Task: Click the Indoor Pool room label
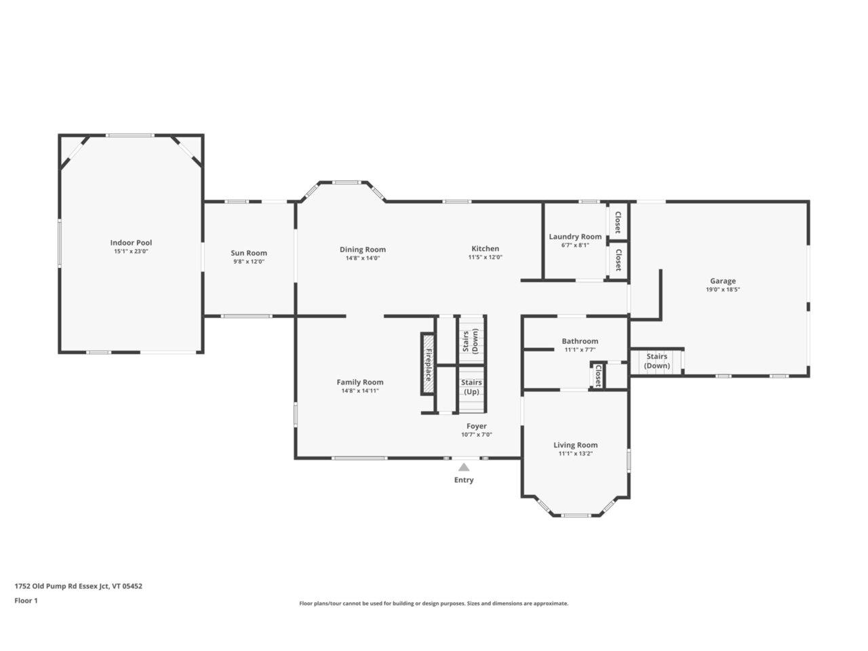pos(131,243)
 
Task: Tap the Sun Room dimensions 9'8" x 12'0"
pos(248,261)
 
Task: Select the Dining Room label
pos(363,250)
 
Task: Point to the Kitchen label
pos(485,249)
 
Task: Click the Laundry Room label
pos(575,237)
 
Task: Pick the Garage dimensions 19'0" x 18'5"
pos(722,289)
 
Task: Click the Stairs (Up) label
pos(471,387)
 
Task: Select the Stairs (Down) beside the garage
pos(656,361)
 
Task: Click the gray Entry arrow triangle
pos(464,467)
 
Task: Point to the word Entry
pos(464,480)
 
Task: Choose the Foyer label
pos(476,427)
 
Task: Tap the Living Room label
pos(575,446)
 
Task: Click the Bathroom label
pos(580,341)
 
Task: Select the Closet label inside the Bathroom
pos(597,376)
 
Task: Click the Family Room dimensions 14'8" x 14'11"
pos(360,391)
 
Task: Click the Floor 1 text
pos(26,600)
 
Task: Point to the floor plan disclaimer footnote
pos(434,604)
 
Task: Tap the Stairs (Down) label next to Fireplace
pos(471,340)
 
